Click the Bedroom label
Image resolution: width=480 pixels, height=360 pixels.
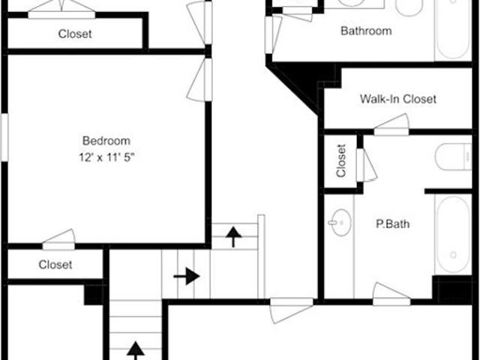[x=106, y=141]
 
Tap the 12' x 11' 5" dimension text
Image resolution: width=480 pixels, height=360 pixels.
[x=106, y=157]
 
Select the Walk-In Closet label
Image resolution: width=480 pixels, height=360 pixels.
[x=398, y=99]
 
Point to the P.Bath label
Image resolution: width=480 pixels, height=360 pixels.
[x=393, y=223]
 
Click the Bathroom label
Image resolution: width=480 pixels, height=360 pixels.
[x=366, y=31]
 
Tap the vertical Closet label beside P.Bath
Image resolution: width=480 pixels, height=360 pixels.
[x=340, y=160]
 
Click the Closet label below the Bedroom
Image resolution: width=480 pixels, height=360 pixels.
[x=55, y=265]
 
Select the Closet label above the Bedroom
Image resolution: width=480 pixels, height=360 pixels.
[x=75, y=34]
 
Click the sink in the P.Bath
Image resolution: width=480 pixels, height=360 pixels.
[x=340, y=222]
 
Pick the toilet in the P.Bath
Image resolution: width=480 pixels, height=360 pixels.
[x=453, y=157]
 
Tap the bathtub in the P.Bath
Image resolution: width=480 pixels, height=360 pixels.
[x=453, y=234]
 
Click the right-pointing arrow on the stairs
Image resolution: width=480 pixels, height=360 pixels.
[x=187, y=276]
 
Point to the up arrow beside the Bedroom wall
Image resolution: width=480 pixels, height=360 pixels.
[x=233, y=237]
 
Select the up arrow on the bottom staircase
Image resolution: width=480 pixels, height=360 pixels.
[x=135, y=351]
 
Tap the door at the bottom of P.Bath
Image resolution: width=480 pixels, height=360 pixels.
[x=391, y=295]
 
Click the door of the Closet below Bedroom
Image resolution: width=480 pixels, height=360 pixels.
[x=58, y=240]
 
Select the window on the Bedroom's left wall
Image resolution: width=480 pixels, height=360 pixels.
[x=4, y=137]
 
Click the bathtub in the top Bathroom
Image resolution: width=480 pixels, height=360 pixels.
[x=453, y=30]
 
